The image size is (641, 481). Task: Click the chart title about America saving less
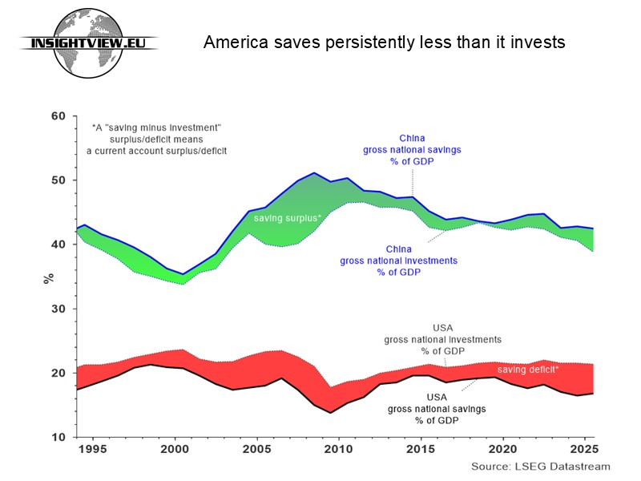(x=385, y=42)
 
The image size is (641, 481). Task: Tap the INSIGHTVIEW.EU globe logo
(x=88, y=43)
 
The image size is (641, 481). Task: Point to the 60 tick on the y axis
(x=58, y=116)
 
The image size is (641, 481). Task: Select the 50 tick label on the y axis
(x=58, y=180)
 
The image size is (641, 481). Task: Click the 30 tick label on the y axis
(x=58, y=309)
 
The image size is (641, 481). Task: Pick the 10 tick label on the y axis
(x=58, y=437)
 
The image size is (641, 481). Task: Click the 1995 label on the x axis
(x=93, y=449)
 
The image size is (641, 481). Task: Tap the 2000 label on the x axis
(x=175, y=449)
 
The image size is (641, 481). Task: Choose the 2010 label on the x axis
(x=338, y=449)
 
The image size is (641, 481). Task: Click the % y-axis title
(x=49, y=279)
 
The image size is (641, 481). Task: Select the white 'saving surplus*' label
(x=288, y=218)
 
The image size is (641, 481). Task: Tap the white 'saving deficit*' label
(x=528, y=370)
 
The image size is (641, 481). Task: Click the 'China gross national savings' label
(x=412, y=150)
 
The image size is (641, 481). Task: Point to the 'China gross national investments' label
(x=398, y=261)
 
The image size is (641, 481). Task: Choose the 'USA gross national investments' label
(x=443, y=339)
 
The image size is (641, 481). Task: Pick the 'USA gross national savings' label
(x=437, y=409)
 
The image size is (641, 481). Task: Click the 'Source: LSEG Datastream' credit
(x=540, y=467)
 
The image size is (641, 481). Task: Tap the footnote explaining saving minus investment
(x=156, y=139)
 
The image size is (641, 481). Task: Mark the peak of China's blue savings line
(x=314, y=172)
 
